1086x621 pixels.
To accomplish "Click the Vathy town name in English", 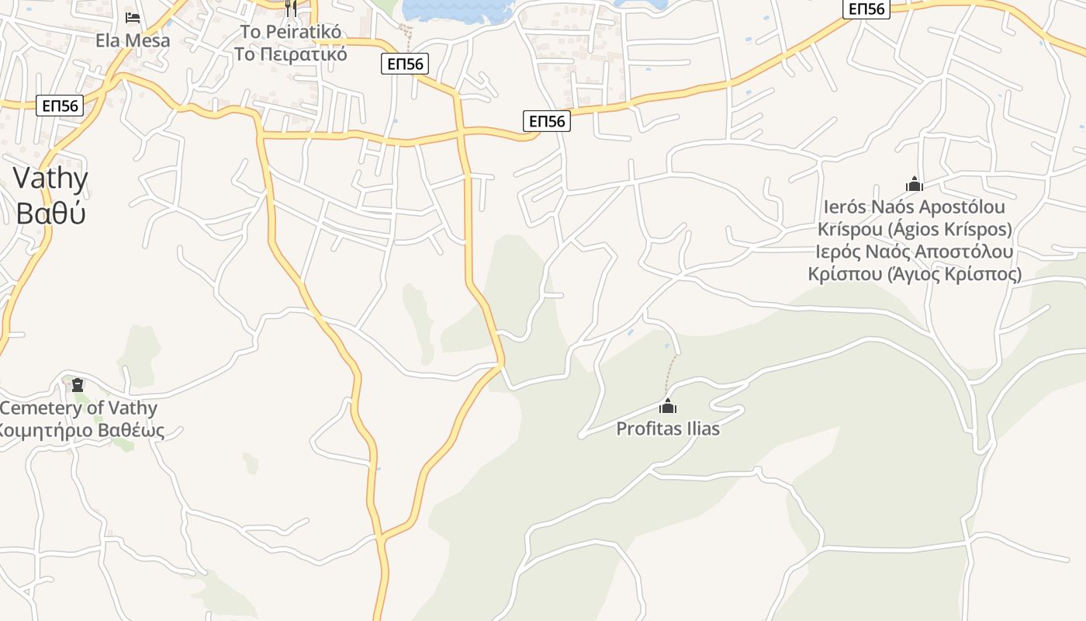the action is (x=50, y=179).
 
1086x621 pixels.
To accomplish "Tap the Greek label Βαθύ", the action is (x=50, y=213).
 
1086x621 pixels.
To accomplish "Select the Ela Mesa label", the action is (x=133, y=40).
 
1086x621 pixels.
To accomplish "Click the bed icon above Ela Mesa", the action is (x=133, y=17).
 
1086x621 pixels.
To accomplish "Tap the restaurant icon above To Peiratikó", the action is (x=291, y=8).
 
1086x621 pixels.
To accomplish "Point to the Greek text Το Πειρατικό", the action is (x=291, y=54).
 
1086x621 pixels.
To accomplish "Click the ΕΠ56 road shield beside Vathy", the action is (x=61, y=106).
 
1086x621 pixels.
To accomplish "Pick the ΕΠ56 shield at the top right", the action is (x=866, y=9).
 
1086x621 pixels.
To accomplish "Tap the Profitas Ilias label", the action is (x=668, y=428).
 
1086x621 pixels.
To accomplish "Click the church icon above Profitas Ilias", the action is (x=668, y=406).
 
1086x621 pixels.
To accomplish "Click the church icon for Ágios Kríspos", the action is (x=915, y=184).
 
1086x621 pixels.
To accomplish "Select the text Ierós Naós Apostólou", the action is (x=915, y=207).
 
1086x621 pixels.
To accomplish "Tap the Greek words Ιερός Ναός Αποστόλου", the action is (x=915, y=252).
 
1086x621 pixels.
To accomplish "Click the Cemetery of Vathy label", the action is (x=78, y=408).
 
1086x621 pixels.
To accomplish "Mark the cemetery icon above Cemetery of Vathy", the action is (x=78, y=384).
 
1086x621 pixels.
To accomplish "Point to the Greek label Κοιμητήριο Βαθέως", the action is (x=81, y=430).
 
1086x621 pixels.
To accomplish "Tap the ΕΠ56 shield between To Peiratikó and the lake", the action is (x=405, y=64).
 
